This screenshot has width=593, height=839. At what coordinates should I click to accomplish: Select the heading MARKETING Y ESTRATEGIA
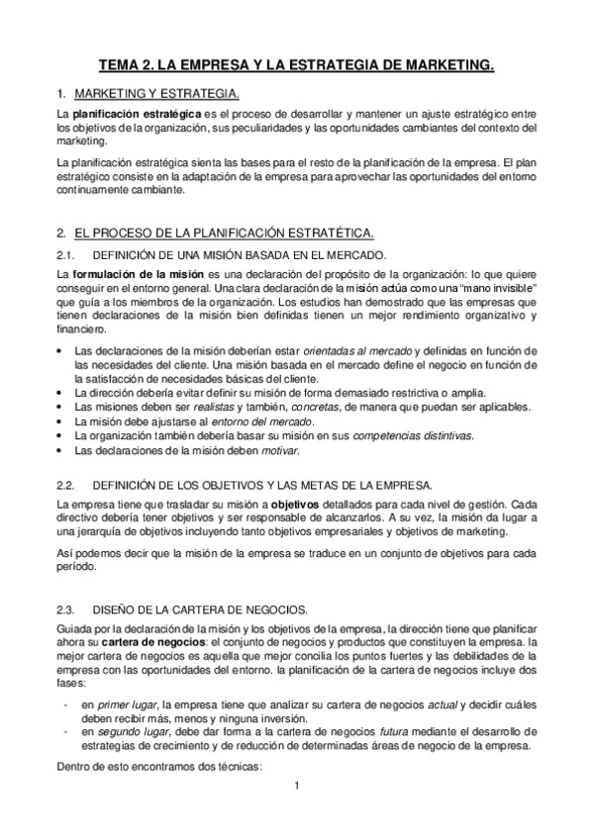(155, 94)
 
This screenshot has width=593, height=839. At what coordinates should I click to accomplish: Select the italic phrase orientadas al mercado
(358, 351)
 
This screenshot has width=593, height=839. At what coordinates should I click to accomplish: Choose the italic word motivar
(279, 450)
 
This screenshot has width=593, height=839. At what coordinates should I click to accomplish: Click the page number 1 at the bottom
(296, 788)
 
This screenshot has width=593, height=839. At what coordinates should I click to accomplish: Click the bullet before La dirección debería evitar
(61, 393)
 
